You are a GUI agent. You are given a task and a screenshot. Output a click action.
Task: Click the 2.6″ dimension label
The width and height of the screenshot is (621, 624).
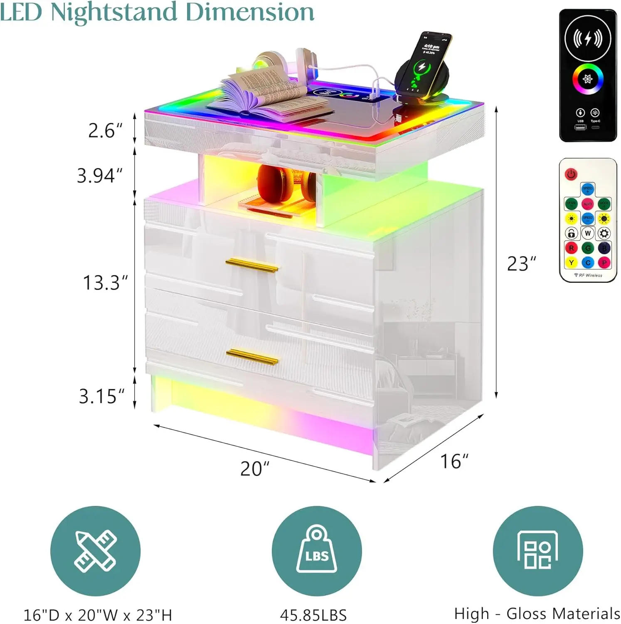[x=105, y=131]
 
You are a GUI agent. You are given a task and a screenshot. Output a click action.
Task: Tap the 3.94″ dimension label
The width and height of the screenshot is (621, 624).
[x=100, y=176]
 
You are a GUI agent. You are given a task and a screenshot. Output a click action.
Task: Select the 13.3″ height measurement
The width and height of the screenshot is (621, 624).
[x=105, y=283]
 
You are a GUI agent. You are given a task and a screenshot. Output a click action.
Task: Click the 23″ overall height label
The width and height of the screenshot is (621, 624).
[x=522, y=264]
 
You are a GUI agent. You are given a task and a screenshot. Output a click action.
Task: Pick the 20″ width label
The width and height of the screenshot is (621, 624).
[x=255, y=468]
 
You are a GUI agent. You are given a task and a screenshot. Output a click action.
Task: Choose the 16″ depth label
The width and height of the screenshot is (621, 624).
[x=454, y=461]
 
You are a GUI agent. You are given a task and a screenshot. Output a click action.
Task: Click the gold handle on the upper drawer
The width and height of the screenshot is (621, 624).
[x=252, y=265]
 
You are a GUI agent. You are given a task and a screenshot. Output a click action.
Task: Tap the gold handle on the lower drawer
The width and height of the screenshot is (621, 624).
[x=252, y=357]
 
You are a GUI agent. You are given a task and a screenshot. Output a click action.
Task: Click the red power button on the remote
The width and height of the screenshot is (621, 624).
[x=571, y=174]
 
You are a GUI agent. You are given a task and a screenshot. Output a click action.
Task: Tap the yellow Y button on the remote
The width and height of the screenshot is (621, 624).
[x=571, y=262]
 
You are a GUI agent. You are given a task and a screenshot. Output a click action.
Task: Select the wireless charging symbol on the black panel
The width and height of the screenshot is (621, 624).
[x=587, y=38]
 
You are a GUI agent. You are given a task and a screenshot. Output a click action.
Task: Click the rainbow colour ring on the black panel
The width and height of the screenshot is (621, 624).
[x=587, y=79]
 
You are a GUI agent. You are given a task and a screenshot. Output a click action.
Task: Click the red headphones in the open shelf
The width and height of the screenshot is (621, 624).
[x=286, y=184]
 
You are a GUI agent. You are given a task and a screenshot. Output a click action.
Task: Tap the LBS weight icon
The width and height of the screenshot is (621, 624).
[x=317, y=551]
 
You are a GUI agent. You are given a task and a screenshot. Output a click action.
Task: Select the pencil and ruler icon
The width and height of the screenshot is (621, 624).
[x=96, y=551]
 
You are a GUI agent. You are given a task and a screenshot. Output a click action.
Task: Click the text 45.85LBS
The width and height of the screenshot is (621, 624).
[x=313, y=615]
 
